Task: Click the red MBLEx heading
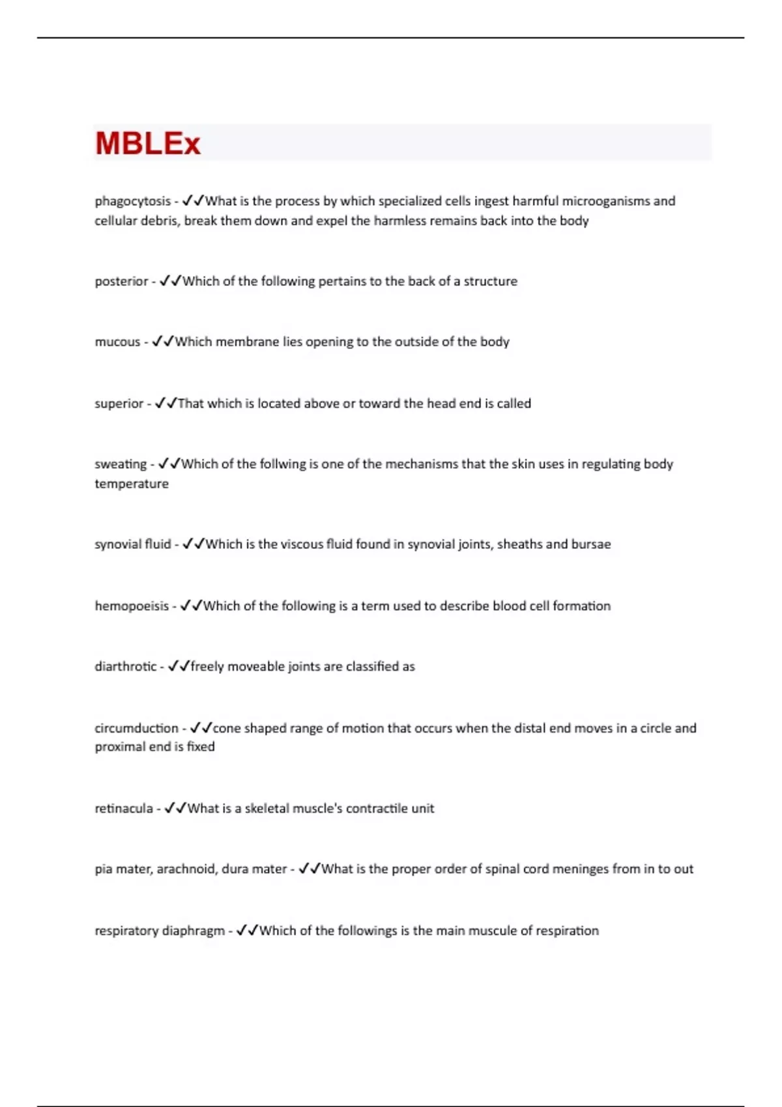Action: tap(148, 143)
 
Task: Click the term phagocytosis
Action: tap(132, 201)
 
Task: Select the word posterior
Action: tap(121, 281)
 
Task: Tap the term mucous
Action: tap(117, 342)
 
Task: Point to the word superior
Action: tap(119, 404)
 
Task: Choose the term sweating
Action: tap(121, 464)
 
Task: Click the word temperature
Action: tap(132, 484)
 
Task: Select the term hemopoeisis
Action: tap(132, 606)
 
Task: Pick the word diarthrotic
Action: tap(126, 667)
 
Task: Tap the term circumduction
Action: tap(136, 728)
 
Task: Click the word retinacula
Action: tap(124, 809)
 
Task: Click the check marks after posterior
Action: tap(171, 281)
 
